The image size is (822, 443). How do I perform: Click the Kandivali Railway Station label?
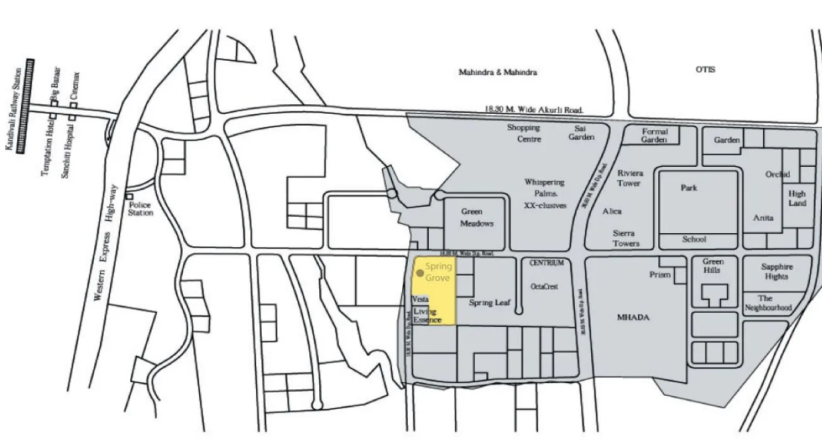tap(9, 108)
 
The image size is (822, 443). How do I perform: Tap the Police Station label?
tap(140, 209)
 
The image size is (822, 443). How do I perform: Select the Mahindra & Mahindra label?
tap(498, 72)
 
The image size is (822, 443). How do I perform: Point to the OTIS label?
tap(705, 70)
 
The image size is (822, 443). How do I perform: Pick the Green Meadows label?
tap(477, 218)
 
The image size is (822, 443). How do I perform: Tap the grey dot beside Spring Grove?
tap(420, 273)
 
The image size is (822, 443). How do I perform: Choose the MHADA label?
tap(633, 317)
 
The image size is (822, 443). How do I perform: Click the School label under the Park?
tap(694, 240)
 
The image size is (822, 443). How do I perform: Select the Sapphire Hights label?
tap(776, 272)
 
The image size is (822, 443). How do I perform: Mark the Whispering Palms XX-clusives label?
tap(544, 193)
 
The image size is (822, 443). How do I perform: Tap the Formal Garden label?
tap(654, 136)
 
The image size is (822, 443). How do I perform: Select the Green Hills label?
tap(713, 266)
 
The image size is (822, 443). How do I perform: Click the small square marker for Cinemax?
tap(73, 105)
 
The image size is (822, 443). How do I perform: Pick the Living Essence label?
tap(426, 316)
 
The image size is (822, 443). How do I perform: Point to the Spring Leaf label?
tap(489, 303)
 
